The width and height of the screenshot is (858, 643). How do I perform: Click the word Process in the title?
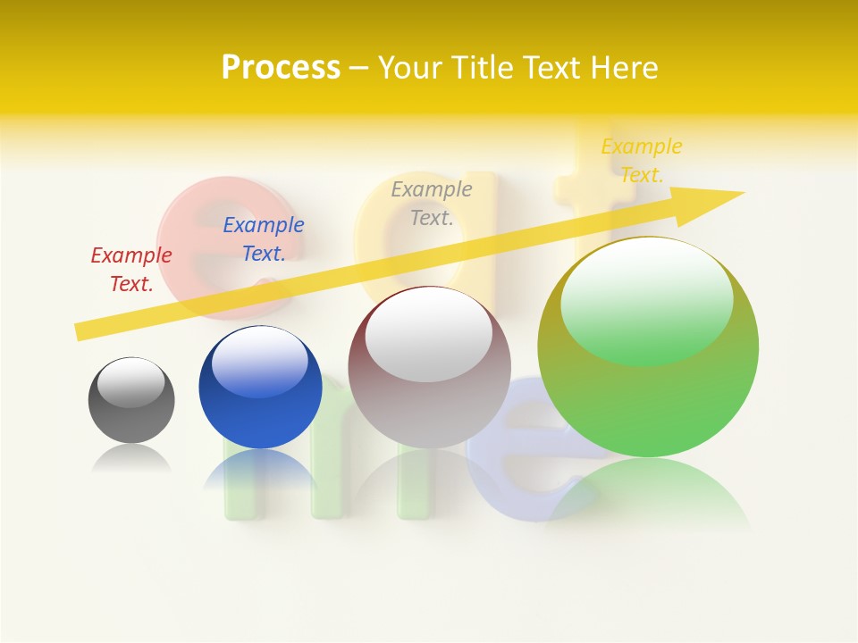pos(281,68)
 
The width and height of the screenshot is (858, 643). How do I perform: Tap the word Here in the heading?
pos(625,68)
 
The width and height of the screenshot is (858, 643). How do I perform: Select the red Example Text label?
pos(131,270)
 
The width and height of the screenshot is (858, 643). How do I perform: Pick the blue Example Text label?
pos(264,239)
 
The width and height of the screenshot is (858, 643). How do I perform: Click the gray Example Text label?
pos(432,204)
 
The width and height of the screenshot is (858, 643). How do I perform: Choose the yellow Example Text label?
pos(641,161)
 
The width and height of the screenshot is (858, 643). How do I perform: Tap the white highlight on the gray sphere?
pos(131,382)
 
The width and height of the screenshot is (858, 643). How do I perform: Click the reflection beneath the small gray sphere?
pos(131,459)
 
